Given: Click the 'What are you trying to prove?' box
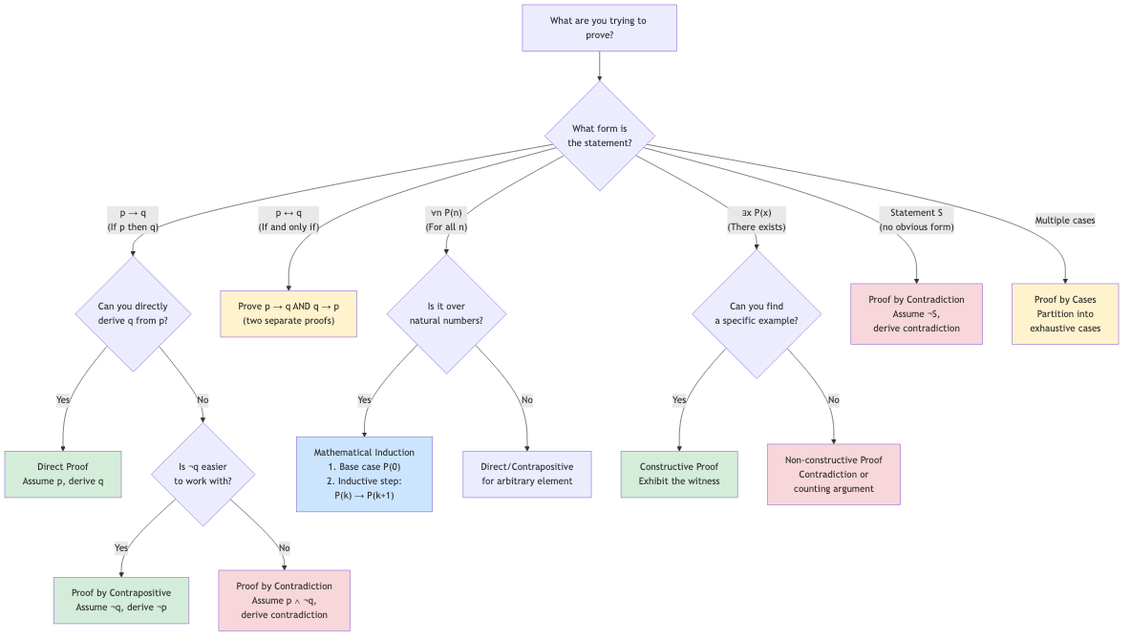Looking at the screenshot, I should pos(599,28).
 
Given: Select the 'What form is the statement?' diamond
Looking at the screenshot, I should pos(599,136).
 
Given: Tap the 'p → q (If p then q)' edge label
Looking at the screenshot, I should pos(133,220).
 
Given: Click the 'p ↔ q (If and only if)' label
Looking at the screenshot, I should pos(288,220).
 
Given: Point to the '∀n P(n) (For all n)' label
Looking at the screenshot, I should pos(446,220).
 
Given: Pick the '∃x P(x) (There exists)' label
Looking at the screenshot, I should pos(757,220).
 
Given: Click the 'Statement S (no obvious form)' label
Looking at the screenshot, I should pos(916,220).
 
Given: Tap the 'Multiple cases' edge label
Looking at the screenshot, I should pos(1064,221).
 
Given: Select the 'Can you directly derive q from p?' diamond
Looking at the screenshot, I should pos(133,313).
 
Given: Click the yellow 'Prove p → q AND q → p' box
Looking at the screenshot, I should pos(288,313).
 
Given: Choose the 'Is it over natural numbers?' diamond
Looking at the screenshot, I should pos(446,313).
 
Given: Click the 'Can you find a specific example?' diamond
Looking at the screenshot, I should pos(757,313).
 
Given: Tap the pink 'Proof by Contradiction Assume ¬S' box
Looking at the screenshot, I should pos(916,313).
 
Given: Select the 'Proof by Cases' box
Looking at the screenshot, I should pos(1064,313).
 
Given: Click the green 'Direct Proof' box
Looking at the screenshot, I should pos(64,474).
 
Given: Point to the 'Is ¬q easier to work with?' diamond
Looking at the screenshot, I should pos(203,474).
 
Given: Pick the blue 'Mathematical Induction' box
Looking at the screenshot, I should pos(364,474).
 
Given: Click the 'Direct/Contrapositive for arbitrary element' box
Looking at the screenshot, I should pos(527,474).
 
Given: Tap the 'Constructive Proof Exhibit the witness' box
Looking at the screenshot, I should pos(679,474).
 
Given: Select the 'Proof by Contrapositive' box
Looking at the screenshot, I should pos(121,600).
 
